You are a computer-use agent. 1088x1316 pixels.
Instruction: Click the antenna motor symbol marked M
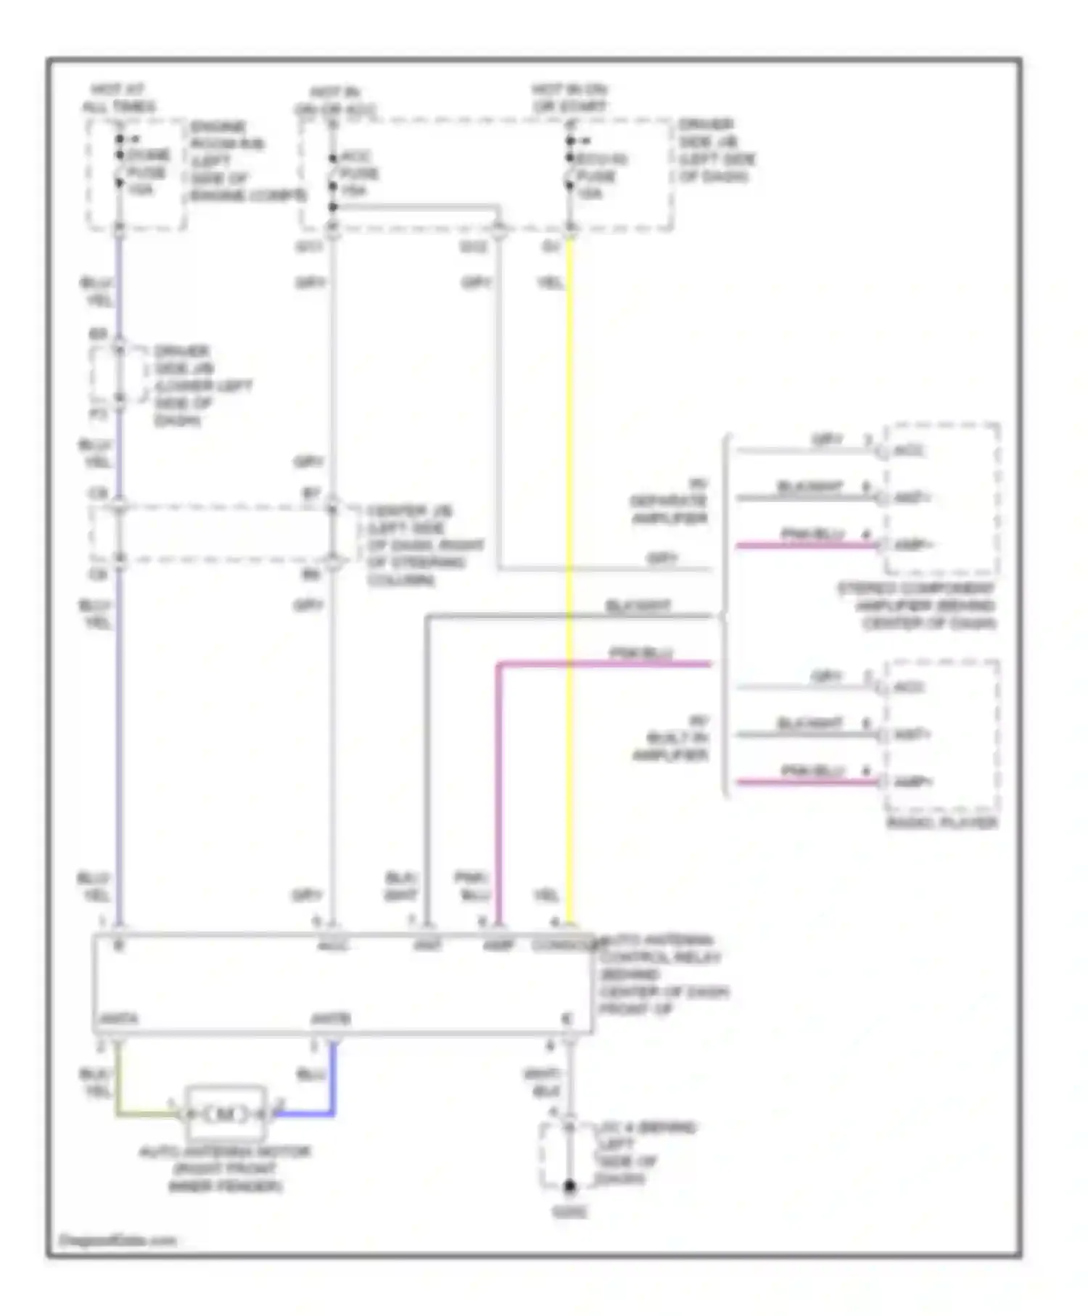click(x=226, y=1114)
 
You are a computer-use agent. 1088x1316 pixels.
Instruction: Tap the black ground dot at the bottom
click(x=570, y=1187)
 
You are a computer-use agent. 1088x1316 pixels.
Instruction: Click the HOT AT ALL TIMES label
click(x=118, y=98)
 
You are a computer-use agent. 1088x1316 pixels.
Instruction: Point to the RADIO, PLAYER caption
click(x=942, y=823)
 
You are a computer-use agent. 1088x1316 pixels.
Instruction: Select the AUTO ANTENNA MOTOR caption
click(x=225, y=1169)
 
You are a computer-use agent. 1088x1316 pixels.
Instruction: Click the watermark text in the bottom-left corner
click(x=117, y=1241)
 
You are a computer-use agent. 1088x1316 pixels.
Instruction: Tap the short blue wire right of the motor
click(x=305, y=1114)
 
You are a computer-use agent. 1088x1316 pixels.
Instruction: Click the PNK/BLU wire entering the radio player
click(x=805, y=782)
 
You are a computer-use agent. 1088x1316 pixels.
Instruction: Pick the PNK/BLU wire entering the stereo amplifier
click(x=805, y=545)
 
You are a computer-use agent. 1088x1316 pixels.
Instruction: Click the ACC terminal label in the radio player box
click(x=909, y=687)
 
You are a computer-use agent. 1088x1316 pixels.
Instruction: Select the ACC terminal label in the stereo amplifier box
click(x=909, y=451)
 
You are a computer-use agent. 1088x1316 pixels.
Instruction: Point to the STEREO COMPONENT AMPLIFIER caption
click(x=918, y=606)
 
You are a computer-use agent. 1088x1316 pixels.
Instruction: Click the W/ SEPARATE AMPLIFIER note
click(x=669, y=501)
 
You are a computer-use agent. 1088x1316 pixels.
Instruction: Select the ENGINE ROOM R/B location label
click(x=247, y=161)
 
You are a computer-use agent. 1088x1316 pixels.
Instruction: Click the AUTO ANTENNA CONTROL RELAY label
click(x=662, y=974)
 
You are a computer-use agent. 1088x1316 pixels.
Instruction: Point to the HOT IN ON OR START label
click(x=570, y=98)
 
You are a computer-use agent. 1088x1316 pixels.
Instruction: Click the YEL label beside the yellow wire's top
click(x=551, y=283)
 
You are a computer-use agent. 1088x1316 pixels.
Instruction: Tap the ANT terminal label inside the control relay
click(x=427, y=946)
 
